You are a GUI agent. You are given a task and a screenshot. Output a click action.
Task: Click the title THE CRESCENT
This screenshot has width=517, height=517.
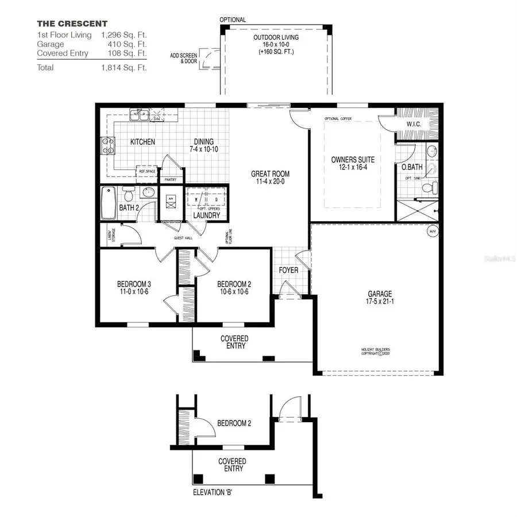[72, 24]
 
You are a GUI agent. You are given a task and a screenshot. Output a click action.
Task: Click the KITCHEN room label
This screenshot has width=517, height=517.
[142, 142]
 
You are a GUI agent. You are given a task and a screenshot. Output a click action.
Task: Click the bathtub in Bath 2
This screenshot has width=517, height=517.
[109, 203]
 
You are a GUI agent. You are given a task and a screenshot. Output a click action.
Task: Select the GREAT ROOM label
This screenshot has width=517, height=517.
[270, 174]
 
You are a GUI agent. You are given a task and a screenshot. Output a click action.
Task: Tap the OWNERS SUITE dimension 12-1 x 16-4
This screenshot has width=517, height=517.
[353, 167]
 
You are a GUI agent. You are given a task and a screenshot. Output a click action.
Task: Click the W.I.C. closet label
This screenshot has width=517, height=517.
[415, 124]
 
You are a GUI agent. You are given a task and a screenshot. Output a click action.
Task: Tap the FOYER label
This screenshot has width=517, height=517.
[288, 270]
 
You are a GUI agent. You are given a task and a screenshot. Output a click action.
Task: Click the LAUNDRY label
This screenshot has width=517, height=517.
[206, 215]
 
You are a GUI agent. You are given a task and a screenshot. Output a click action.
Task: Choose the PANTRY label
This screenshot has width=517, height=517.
[171, 180]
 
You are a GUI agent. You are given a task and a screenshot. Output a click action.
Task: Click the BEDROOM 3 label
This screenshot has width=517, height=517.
[134, 284]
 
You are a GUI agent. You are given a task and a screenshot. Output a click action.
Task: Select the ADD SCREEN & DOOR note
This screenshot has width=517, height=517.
[183, 58]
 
